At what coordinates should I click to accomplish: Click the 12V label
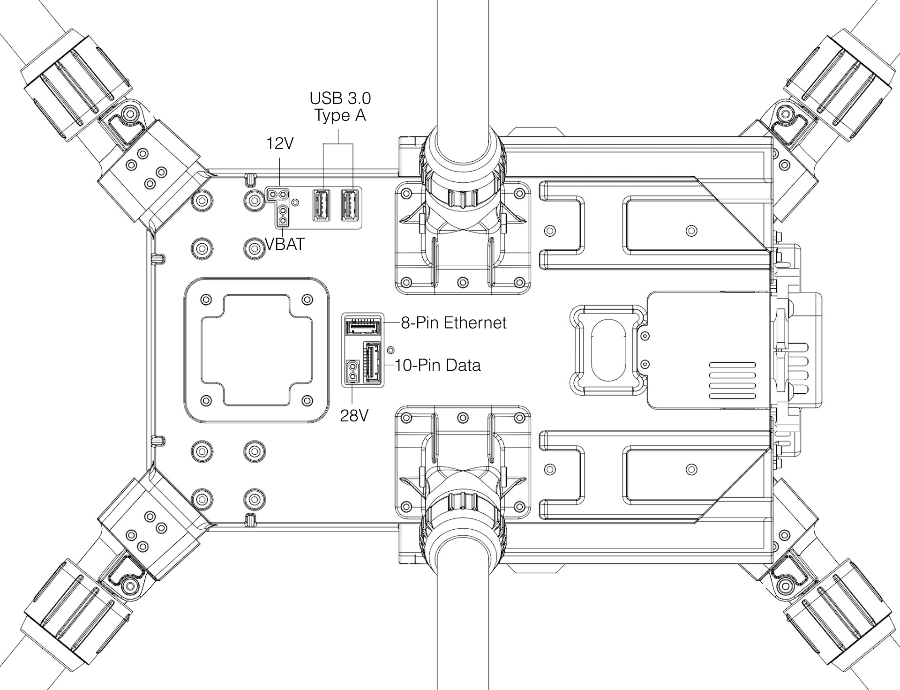point(280,143)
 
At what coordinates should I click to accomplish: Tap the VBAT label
point(285,244)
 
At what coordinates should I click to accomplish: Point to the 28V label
point(354,415)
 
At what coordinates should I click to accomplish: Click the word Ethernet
point(475,322)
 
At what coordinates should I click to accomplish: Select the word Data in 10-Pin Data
point(463,365)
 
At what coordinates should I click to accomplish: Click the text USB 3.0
point(340,98)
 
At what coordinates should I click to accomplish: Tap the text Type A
point(340,115)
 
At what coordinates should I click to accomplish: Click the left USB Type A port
point(321,205)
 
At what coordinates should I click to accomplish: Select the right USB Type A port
point(350,205)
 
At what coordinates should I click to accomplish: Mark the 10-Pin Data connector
point(372,363)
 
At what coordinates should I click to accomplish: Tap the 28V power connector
point(352,372)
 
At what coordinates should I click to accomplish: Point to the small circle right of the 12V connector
point(295,202)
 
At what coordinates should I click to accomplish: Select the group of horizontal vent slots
point(732,380)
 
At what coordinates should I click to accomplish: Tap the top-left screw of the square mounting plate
point(206,299)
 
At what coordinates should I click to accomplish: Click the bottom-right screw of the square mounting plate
point(307,400)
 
